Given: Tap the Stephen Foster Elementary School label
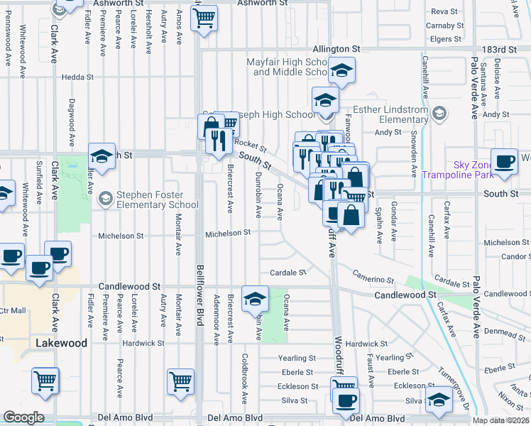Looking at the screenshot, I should pyautogui.click(x=149, y=200).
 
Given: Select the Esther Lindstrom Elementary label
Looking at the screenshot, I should pyautogui.click(x=388, y=114).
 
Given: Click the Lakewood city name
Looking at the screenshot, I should pyautogui.click(x=61, y=343).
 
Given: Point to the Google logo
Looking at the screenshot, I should pyautogui.click(x=23, y=418).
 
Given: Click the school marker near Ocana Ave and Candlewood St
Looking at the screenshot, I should pyautogui.click(x=256, y=300).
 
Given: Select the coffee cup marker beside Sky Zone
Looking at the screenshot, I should pyautogui.click(x=504, y=161).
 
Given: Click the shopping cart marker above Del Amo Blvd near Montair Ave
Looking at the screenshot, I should pyautogui.click(x=180, y=381).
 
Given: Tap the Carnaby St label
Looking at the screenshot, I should pyautogui.click(x=444, y=26).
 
